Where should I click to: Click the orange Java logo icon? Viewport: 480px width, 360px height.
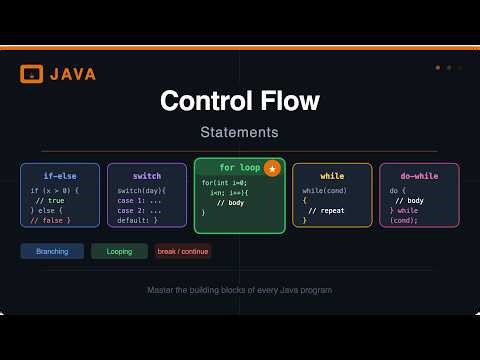click(x=31, y=73)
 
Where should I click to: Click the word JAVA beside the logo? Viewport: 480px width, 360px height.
click(x=73, y=73)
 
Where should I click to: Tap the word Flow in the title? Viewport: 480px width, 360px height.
click(x=289, y=101)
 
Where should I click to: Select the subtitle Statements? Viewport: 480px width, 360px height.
click(x=239, y=132)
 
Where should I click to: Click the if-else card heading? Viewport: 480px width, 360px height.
click(x=60, y=176)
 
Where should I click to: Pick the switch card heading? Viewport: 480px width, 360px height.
click(x=146, y=176)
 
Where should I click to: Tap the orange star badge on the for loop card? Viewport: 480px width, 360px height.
click(x=273, y=169)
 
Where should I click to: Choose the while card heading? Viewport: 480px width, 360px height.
click(x=332, y=176)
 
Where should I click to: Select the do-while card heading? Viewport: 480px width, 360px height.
click(x=419, y=176)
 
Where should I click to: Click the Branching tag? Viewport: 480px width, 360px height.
click(x=52, y=251)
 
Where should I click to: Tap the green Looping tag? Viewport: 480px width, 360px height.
click(x=119, y=251)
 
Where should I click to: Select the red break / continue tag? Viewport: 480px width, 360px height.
click(x=182, y=251)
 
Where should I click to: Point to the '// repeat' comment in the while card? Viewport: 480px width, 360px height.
click(x=326, y=211)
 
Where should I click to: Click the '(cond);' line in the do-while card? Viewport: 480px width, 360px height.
click(x=405, y=220)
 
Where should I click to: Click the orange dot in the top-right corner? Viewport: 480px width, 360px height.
click(x=438, y=68)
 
